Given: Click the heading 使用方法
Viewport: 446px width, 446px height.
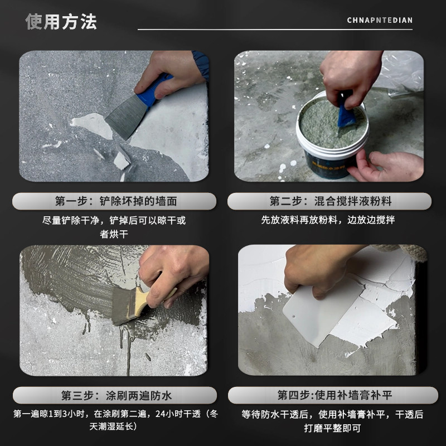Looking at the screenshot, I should tap(61, 21).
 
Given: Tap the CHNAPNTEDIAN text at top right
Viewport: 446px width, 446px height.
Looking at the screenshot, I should tap(380, 21).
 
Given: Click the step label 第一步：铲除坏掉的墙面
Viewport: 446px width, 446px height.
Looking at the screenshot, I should tap(115, 201).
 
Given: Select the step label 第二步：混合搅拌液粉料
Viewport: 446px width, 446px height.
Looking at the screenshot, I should tap(329, 201).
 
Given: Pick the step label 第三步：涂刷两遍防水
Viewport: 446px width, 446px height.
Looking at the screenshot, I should tap(115, 396).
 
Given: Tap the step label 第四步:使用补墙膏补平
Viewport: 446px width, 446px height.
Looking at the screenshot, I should tap(329, 396).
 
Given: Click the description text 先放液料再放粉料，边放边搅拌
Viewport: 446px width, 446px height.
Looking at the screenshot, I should tap(329, 220).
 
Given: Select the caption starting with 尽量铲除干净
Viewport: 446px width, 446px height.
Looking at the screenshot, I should tap(115, 227).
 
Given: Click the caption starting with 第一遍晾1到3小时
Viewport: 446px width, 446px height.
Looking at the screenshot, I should tap(115, 420).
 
